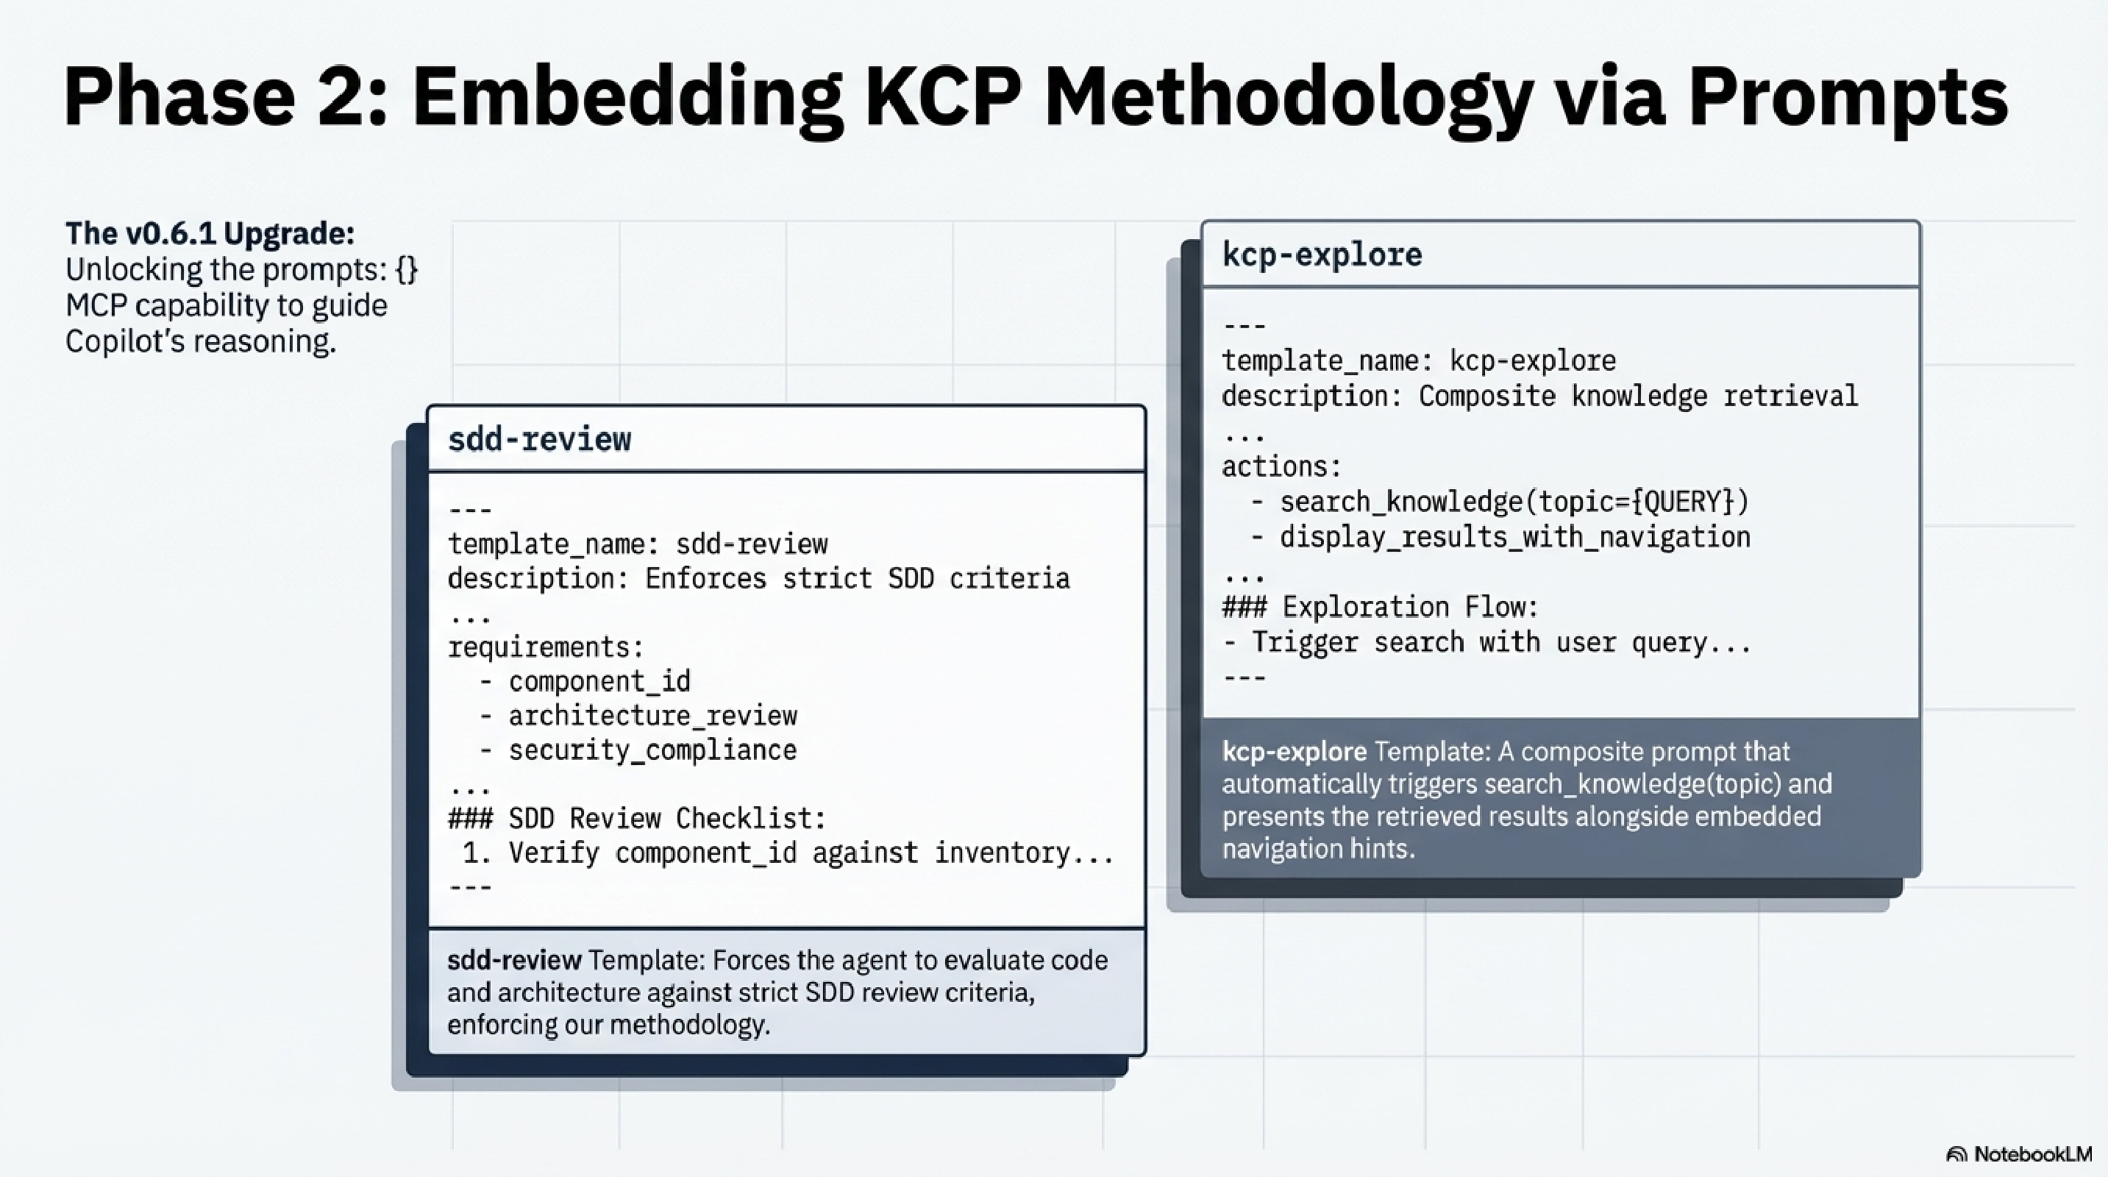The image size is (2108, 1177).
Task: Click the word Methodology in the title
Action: click(1288, 99)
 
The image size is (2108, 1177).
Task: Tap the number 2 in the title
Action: click(351, 99)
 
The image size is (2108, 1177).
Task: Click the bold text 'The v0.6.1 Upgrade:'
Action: click(210, 233)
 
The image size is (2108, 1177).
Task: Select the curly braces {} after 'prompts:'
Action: click(406, 269)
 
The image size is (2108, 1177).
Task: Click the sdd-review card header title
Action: click(539, 439)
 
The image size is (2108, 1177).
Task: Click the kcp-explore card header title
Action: click(1322, 255)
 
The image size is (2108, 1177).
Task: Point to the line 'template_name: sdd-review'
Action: click(638, 544)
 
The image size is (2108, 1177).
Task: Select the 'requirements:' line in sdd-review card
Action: click(545, 647)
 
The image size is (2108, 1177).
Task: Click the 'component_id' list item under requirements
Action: click(599, 682)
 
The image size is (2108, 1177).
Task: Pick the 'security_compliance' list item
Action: click(652, 750)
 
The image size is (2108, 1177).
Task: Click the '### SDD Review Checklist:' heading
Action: click(637, 819)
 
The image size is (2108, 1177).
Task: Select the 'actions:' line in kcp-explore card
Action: click(1281, 466)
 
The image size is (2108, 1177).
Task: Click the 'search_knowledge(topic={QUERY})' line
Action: click(1514, 502)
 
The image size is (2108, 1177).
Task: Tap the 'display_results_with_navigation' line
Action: click(1514, 538)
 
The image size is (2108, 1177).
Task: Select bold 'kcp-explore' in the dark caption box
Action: click(1294, 751)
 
